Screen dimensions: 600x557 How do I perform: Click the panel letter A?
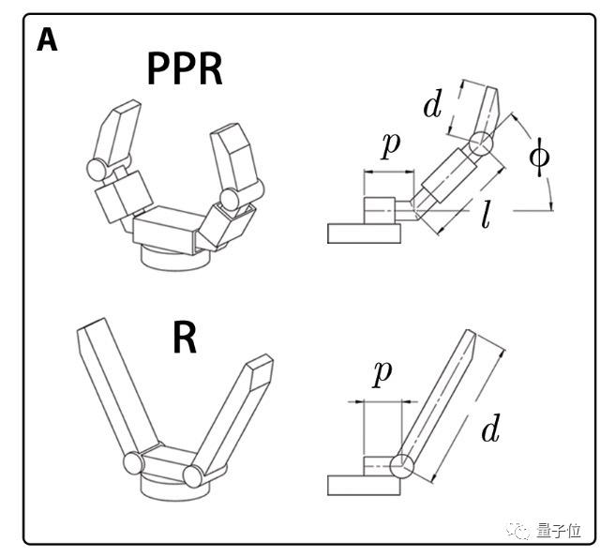(47, 41)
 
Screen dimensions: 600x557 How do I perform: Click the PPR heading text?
(185, 68)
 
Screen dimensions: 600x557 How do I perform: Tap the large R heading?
(185, 338)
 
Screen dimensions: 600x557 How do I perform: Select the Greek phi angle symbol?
(540, 157)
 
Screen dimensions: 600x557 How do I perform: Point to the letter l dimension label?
(486, 215)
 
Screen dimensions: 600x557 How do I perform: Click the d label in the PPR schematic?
(433, 103)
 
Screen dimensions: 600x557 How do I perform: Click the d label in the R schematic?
(491, 428)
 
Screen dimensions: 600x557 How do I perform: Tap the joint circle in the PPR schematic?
(481, 143)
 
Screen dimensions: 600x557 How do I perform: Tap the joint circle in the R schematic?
(402, 466)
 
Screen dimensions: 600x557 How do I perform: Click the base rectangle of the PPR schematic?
(364, 233)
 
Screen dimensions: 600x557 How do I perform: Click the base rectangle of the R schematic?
(364, 485)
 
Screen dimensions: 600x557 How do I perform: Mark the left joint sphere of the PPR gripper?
(97, 170)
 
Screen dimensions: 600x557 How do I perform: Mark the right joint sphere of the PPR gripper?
(230, 199)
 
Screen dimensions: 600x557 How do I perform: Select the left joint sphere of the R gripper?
(133, 462)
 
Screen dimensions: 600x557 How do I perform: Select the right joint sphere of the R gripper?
(193, 476)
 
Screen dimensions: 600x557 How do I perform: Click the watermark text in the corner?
(559, 531)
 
